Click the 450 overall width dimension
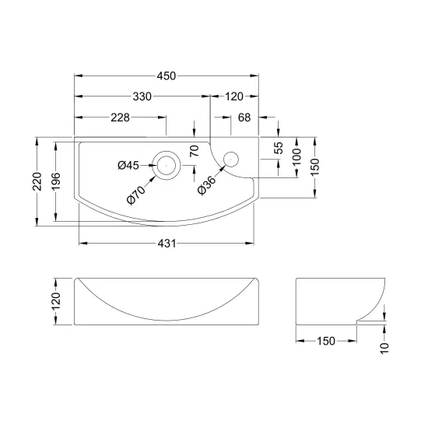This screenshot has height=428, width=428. [x=167, y=76]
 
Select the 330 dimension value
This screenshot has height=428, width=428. [x=142, y=96]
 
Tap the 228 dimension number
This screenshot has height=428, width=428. [x=120, y=118]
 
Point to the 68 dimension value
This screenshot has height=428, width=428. [x=244, y=118]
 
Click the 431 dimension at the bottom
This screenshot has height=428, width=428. [x=167, y=244]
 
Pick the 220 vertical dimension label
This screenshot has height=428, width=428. [x=37, y=181]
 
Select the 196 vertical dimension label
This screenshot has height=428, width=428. [x=56, y=181]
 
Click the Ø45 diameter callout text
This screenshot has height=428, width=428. [x=128, y=166]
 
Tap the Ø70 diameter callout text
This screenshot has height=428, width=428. [x=136, y=195]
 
